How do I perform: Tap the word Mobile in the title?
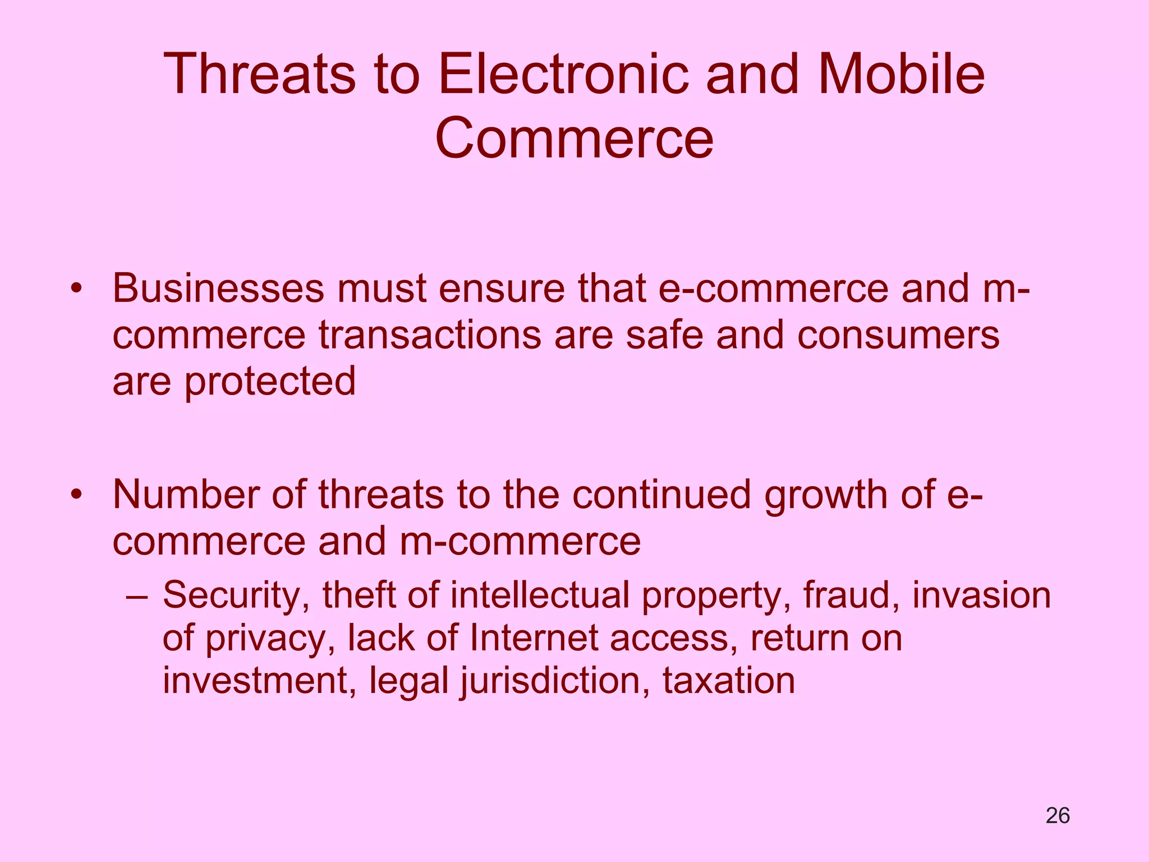pyautogui.click(x=901, y=75)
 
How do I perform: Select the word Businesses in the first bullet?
pyautogui.click(x=218, y=288)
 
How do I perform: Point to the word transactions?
pyautogui.click(x=430, y=336)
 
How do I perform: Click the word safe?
pyautogui.click(x=664, y=336)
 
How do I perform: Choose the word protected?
pyautogui.click(x=270, y=382)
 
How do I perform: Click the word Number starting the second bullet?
pyautogui.click(x=186, y=495)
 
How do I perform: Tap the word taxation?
pyautogui.click(x=729, y=681)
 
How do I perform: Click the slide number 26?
pyautogui.click(x=1058, y=815)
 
